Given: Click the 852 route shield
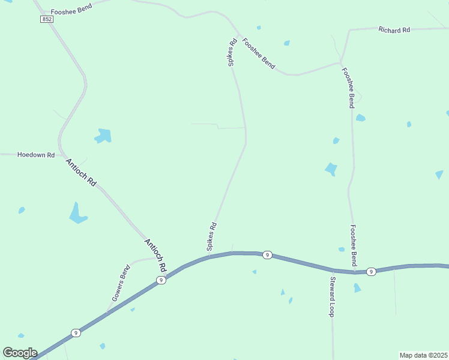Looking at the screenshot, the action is click(47, 19).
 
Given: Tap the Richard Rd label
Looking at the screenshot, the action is click(394, 29).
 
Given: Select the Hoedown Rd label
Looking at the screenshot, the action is click(36, 155).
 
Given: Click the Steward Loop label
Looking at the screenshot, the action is click(331, 296).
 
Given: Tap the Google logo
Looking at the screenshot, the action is click(20, 353).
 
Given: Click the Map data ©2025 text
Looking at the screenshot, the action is click(423, 355).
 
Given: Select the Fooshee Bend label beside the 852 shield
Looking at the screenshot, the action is click(71, 12).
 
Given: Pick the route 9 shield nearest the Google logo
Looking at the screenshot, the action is click(75, 332).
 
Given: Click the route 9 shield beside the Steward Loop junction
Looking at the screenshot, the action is click(372, 271).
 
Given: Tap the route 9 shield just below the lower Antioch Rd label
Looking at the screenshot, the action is click(160, 280).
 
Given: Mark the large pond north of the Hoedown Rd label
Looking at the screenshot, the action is click(103, 136).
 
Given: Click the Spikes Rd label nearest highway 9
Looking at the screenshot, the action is click(211, 236).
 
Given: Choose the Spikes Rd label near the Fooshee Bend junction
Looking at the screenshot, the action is click(231, 52).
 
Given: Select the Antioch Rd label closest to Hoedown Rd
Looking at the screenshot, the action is click(81, 172).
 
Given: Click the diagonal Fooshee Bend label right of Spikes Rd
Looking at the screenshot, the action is click(259, 53).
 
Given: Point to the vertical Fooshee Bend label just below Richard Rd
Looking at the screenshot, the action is click(348, 87).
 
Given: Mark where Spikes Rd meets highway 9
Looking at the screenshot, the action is click(209, 257).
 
